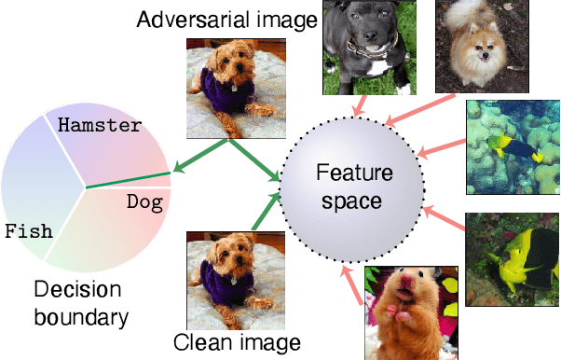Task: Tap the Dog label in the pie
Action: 144,200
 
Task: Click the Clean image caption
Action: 237,341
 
